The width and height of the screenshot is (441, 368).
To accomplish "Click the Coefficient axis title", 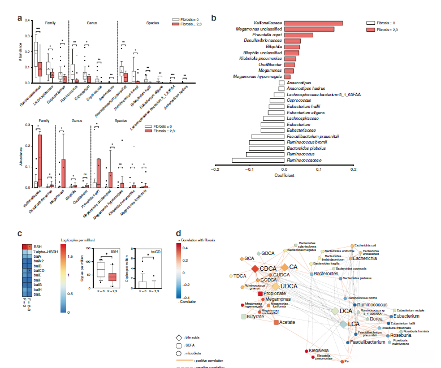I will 284,175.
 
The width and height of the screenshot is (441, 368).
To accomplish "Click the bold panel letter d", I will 179,233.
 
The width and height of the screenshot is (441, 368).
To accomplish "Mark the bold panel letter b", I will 214,18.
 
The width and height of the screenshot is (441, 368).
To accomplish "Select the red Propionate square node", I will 261,294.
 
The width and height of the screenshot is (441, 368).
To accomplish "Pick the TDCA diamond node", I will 231,276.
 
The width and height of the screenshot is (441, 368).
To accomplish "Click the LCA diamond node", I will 343,324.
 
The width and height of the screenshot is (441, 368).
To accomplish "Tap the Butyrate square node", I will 244,318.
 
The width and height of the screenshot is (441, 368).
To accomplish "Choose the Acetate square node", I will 276,322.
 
